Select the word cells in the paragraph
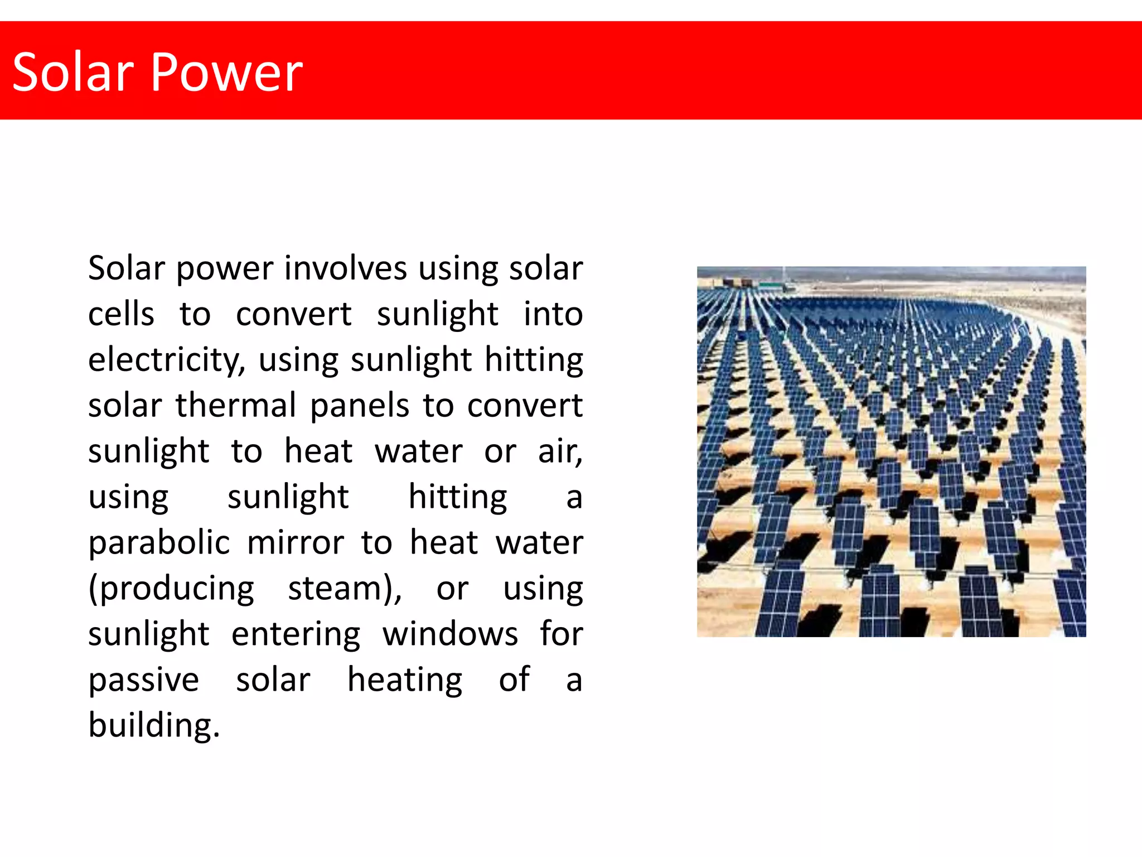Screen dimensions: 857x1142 click(x=121, y=314)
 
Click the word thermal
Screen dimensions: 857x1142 click(x=236, y=405)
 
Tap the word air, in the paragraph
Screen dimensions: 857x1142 click(x=560, y=451)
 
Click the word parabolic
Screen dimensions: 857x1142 click(x=159, y=543)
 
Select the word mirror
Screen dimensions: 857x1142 click(x=296, y=542)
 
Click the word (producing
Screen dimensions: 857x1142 click(x=171, y=589)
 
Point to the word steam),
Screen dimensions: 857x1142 click(x=345, y=589)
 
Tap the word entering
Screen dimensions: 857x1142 click(x=296, y=635)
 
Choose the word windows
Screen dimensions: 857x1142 click(x=450, y=634)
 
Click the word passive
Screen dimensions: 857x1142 click(x=143, y=681)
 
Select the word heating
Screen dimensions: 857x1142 click(x=405, y=681)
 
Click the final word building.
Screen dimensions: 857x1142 click(x=154, y=726)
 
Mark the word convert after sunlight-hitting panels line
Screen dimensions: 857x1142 click(x=525, y=405)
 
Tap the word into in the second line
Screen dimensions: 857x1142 click(x=553, y=314)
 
